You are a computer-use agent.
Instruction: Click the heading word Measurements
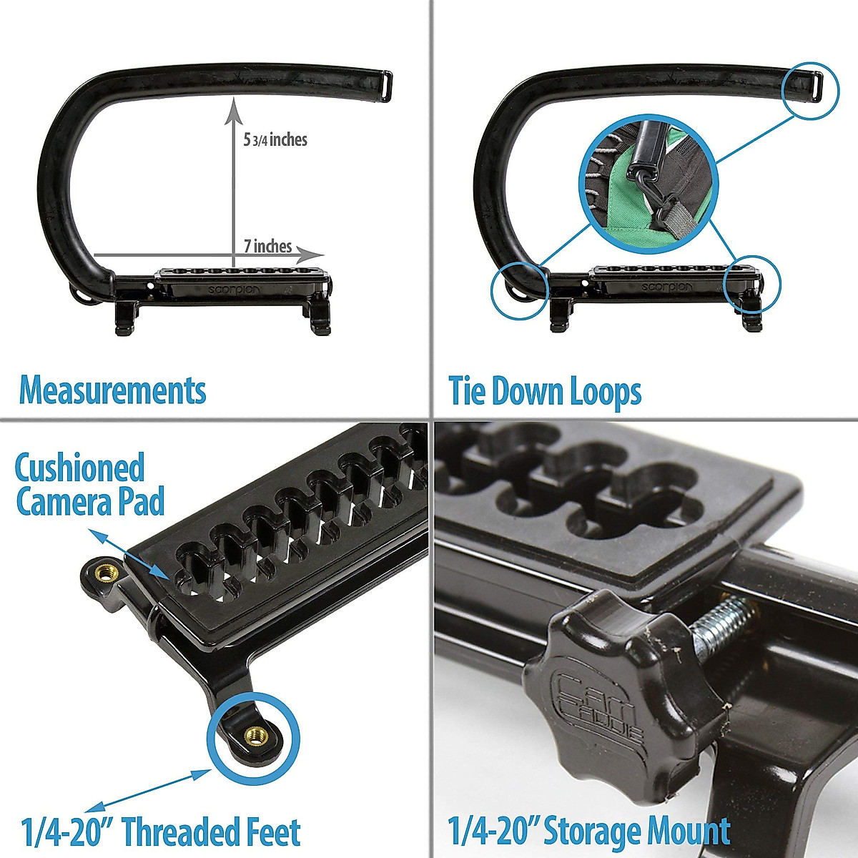tap(112, 391)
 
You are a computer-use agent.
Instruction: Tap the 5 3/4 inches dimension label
tap(275, 140)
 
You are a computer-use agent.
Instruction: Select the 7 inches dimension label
tap(267, 247)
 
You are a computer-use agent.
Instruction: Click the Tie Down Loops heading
tap(545, 392)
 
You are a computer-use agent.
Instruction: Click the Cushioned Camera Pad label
tap(89, 484)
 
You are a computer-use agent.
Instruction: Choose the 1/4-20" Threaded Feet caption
tap(161, 833)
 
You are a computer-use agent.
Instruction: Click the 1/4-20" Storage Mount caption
tap(589, 832)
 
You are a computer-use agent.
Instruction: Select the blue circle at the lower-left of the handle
tap(519, 290)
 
